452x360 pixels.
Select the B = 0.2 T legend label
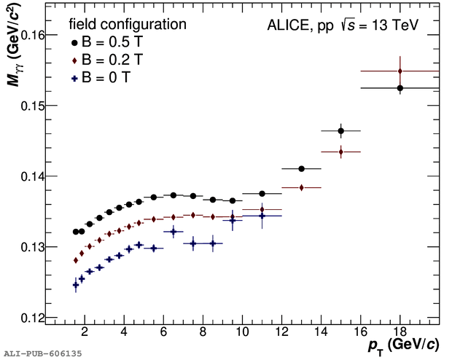[x=109, y=58]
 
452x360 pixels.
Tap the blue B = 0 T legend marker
[x=74, y=75]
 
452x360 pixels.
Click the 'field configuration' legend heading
[x=128, y=25]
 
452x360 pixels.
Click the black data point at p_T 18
[x=400, y=88]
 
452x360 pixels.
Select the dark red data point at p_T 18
[x=400, y=71]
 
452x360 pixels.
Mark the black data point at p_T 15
[x=341, y=131]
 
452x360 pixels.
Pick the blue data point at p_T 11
[x=262, y=216]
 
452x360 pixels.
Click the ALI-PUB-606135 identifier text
[x=42, y=353]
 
